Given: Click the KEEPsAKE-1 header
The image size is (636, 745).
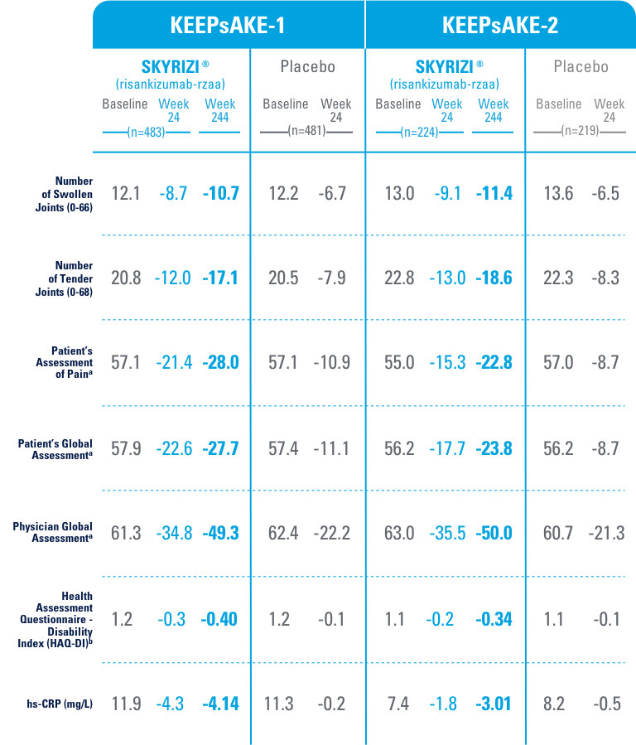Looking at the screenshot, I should coord(228,25).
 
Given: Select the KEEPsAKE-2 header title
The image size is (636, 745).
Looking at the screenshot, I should coord(500,25).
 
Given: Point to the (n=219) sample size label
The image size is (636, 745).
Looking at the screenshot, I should coord(580,132).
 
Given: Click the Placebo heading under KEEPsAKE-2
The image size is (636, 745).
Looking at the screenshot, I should coord(581,67).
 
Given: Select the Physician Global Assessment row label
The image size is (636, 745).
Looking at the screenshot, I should coord(53,532).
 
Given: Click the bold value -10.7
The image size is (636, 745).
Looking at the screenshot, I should coord(220,194).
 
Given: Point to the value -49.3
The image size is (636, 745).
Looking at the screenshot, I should coord(220,533).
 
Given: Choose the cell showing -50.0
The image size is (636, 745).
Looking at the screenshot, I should coord(494,533).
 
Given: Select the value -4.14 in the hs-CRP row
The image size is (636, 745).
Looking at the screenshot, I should coord(220,704).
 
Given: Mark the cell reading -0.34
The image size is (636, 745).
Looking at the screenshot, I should coord(494,618).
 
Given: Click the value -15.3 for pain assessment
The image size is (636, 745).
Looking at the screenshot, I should coord(447,363).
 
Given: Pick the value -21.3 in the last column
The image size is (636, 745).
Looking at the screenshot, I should coord(607,533).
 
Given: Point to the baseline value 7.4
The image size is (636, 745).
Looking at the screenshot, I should coord(398,704).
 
